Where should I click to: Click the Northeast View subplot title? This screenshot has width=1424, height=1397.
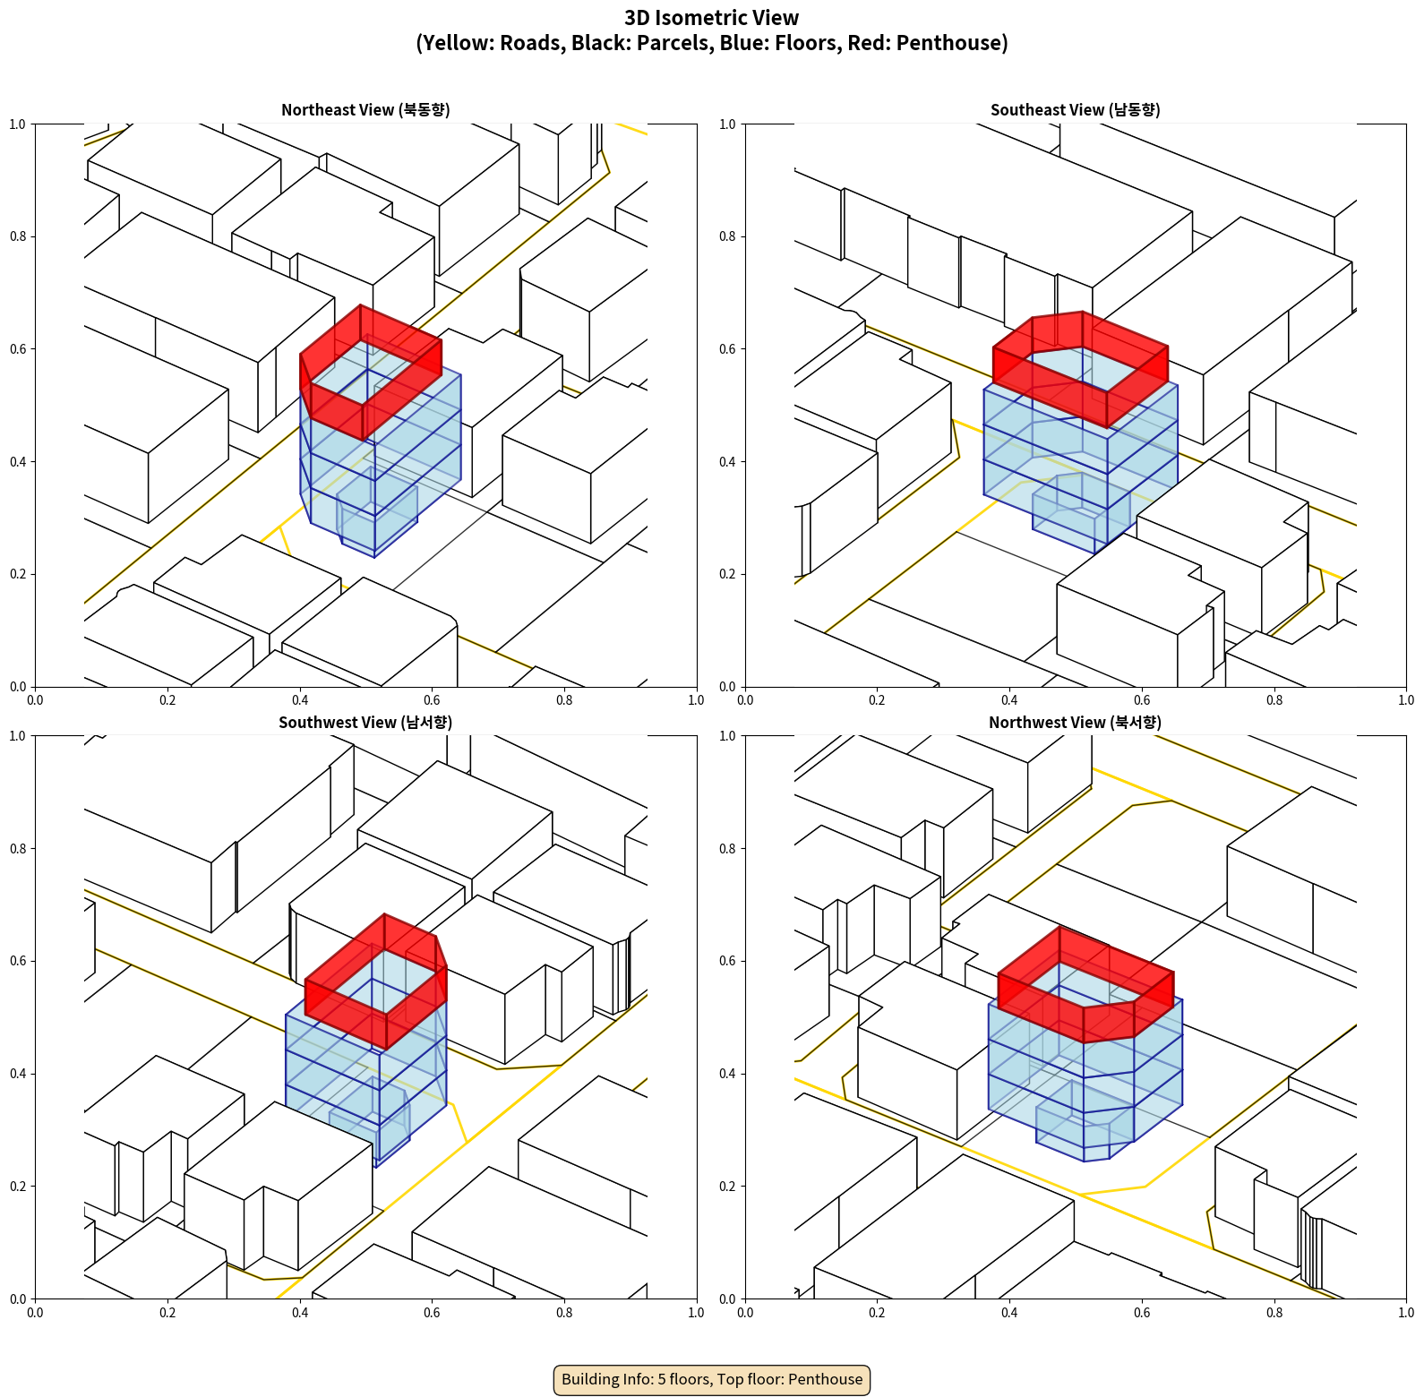pyautogui.click(x=365, y=110)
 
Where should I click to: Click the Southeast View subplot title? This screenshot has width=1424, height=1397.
pyautogui.click(x=1075, y=110)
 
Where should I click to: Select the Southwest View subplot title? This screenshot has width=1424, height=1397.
pyautogui.click(x=365, y=723)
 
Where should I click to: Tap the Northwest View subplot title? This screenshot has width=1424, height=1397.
pyautogui.click(x=1075, y=723)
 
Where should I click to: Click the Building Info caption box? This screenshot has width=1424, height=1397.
pyautogui.click(x=712, y=1379)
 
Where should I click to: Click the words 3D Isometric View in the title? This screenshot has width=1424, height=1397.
pyautogui.click(x=712, y=18)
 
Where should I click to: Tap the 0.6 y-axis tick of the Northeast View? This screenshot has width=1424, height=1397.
pyautogui.click(x=19, y=349)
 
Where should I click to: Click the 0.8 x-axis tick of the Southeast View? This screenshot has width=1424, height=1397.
pyautogui.click(x=1274, y=700)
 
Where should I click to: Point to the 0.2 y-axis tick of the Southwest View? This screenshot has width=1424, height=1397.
pyautogui.click(x=19, y=1187)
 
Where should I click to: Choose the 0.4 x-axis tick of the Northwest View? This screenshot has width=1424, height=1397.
pyautogui.click(x=1009, y=1313)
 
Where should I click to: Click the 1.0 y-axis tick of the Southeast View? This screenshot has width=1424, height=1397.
pyautogui.click(x=728, y=124)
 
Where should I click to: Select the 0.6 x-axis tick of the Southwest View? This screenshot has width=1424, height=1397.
pyautogui.click(x=433, y=1313)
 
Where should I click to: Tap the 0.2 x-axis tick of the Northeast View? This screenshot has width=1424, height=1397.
pyautogui.click(x=167, y=700)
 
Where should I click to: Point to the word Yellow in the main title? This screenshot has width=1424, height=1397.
pyautogui.click(x=456, y=43)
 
